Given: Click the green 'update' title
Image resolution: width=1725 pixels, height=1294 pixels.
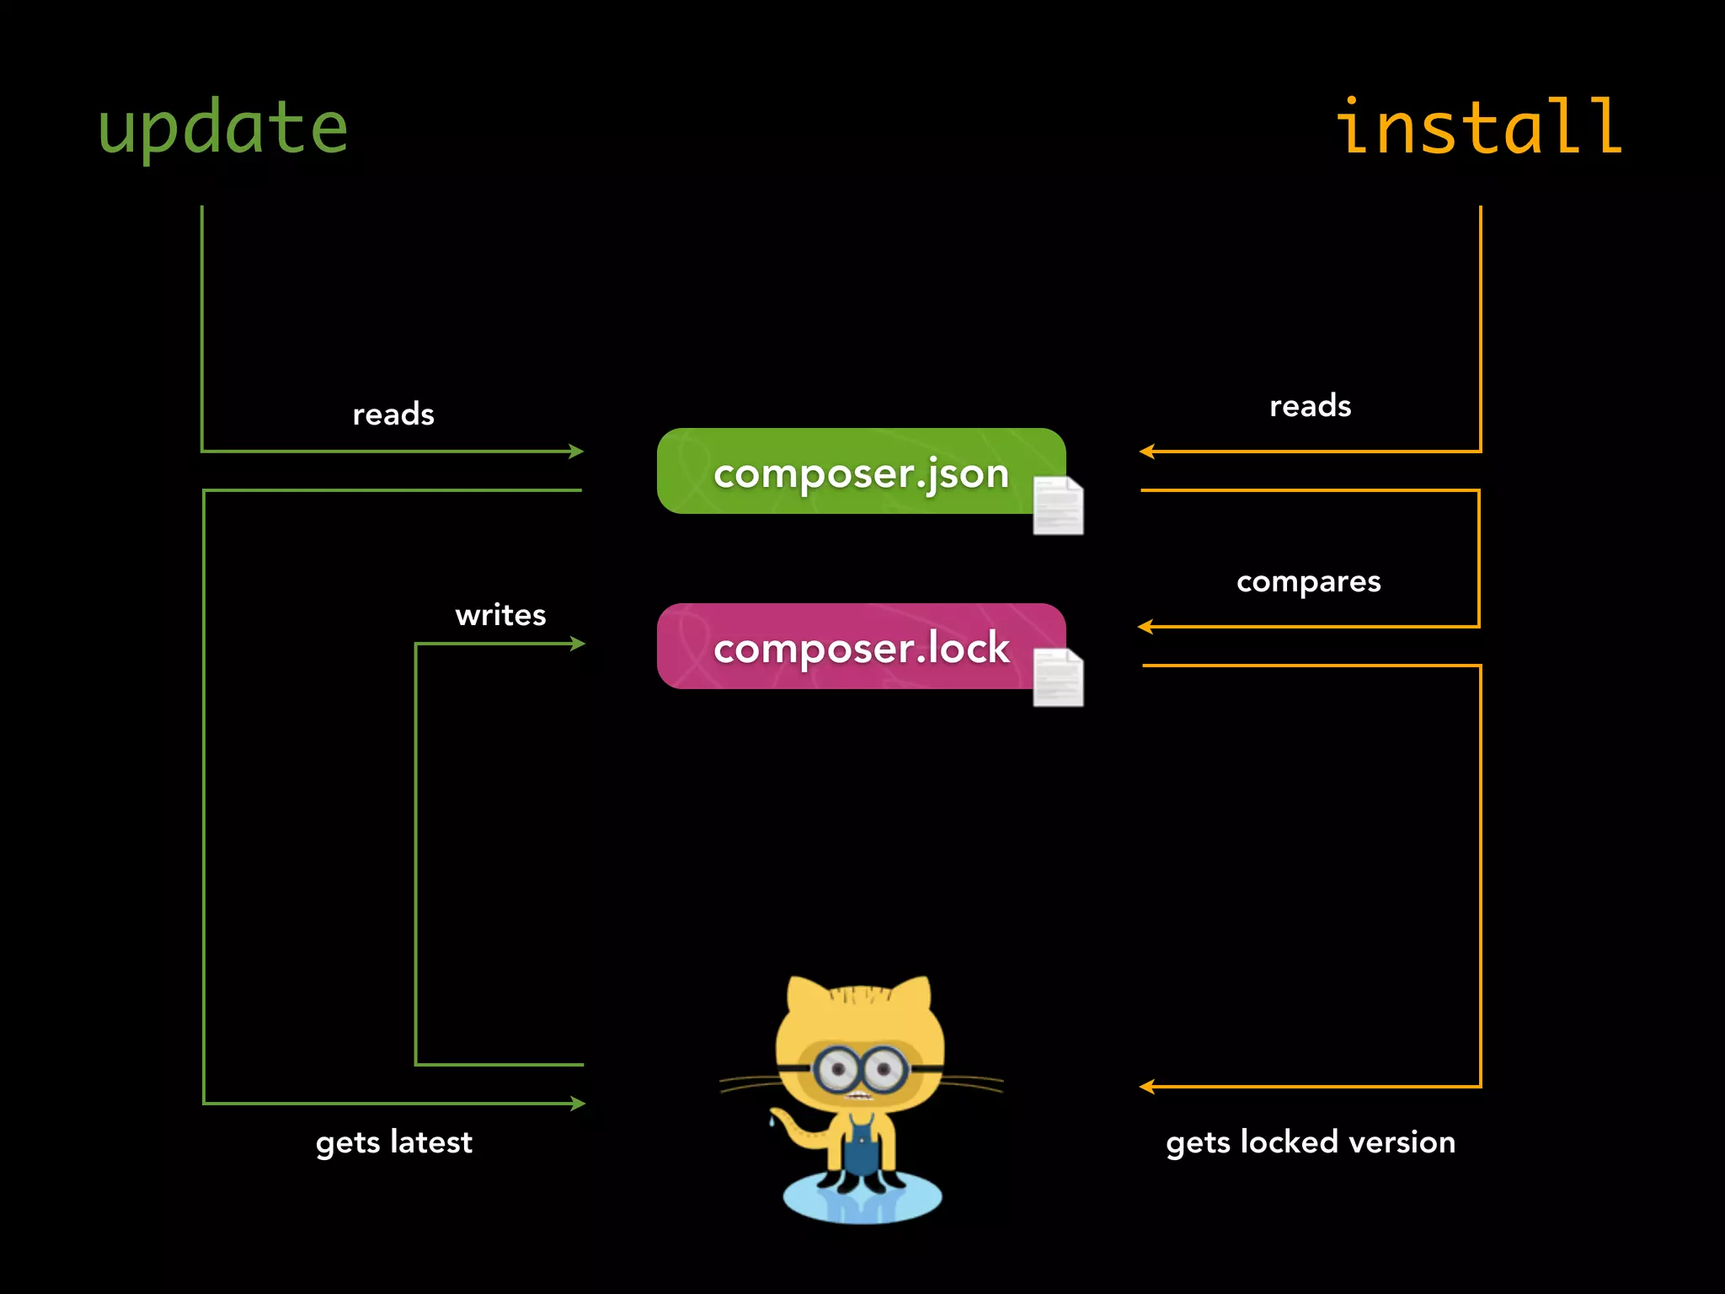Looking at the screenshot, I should [223, 128].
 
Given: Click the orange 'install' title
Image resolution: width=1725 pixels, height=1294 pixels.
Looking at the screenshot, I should [1479, 128].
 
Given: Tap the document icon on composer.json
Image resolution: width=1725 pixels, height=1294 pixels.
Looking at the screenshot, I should [1059, 505].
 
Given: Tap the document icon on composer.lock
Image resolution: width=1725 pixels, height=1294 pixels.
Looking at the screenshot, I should [1059, 678].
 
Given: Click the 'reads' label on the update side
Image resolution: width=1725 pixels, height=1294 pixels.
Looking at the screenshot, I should [393, 414].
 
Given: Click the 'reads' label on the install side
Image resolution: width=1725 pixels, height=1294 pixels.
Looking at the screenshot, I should [1310, 406].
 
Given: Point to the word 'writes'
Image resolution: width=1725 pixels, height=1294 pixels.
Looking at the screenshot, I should [500, 615].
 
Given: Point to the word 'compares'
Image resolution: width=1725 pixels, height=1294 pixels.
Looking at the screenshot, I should [1308, 581].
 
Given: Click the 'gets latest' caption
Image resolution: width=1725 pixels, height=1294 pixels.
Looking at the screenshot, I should [394, 1142].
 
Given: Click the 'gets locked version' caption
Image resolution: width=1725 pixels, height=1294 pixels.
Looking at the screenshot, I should [1311, 1142].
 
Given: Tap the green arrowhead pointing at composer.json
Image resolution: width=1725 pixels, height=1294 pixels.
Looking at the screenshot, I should [577, 452].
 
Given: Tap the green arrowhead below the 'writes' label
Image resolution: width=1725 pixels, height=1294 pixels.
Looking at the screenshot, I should [578, 644].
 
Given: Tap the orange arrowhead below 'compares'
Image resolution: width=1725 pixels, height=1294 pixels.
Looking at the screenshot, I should [1145, 627].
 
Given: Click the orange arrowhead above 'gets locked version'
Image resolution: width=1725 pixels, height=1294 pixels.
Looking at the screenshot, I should [1146, 1087].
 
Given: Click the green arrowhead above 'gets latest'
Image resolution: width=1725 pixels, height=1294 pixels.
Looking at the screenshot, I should [578, 1103].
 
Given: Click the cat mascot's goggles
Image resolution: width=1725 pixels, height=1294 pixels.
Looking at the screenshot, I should [861, 1069].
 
